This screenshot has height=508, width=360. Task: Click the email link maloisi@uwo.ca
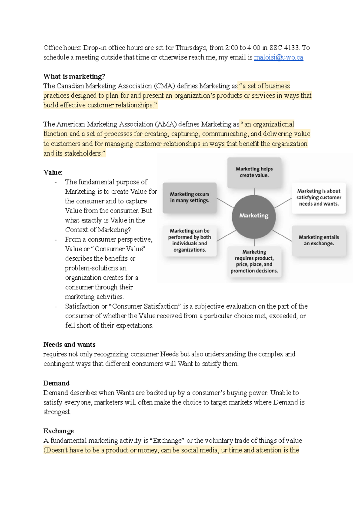pyautogui.click(x=278, y=57)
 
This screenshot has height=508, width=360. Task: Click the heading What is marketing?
pyautogui.click(x=74, y=76)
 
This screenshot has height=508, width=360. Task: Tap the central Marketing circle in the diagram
pyautogui.click(x=254, y=216)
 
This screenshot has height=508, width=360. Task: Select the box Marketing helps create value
pyautogui.click(x=254, y=172)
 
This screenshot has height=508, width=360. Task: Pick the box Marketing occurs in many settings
pyautogui.click(x=190, y=198)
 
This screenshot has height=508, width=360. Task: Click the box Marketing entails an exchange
pyautogui.click(x=319, y=241)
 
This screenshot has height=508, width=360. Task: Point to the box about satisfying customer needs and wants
pyautogui.click(x=319, y=198)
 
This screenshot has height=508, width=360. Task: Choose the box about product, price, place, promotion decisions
pyautogui.click(x=254, y=261)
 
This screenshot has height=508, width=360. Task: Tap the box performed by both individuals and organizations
pyautogui.click(x=190, y=241)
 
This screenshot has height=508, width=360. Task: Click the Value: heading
pyautogui.click(x=53, y=172)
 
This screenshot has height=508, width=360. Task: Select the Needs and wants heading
pyautogui.click(x=69, y=345)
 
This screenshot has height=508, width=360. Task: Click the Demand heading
pyautogui.click(x=56, y=383)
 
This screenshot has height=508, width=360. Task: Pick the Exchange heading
pyautogui.click(x=58, y=431)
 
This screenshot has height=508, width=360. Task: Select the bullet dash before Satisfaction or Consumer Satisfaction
pyautogui.click(x=55, y=307)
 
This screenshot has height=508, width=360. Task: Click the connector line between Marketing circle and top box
pyautogui.click(x=254, y=192)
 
